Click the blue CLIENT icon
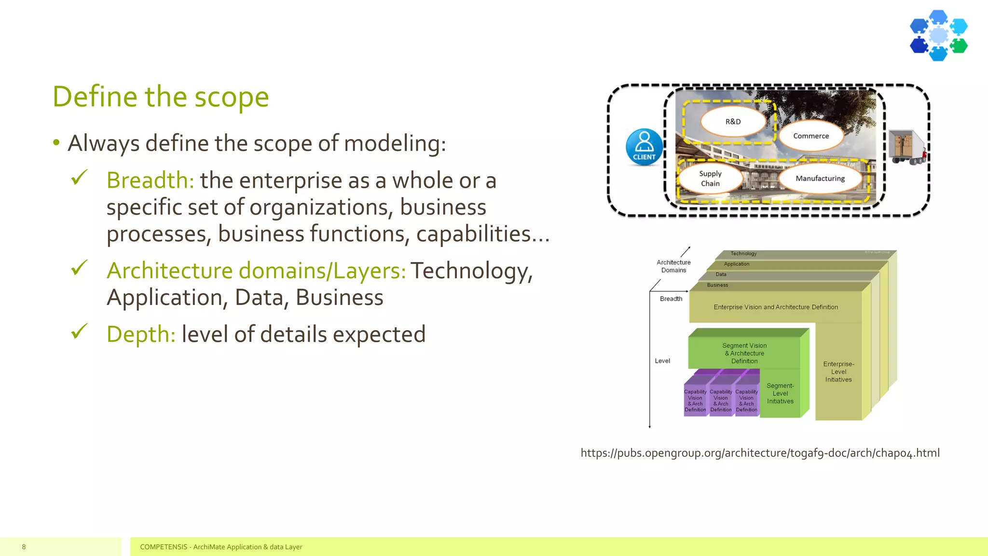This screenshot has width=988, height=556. (644, 147)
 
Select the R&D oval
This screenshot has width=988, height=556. (733, 122)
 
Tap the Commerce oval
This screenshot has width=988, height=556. (811, 136)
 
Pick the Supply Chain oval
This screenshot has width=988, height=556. (710, 179)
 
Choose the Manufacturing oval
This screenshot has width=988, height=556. (820, 179)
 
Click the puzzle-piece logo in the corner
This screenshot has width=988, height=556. (938, 36)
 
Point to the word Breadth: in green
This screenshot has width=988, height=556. (150, 181)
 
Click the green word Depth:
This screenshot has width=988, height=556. (141, 334)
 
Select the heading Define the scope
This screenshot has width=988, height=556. (161, 97)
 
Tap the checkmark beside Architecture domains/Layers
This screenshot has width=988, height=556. (79, 268)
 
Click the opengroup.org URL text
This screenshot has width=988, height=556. (760, 453)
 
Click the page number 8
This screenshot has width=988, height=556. (24, 547)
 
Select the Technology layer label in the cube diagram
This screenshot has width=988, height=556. (743, 253)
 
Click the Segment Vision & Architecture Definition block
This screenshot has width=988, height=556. (744, 353)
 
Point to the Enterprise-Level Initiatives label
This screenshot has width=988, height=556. (838, 372)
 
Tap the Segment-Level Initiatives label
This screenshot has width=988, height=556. (780, 393)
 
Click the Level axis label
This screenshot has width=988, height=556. (662, 361)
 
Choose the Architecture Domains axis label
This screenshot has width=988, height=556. (673, 266)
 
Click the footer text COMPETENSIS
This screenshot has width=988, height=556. (164, 547)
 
